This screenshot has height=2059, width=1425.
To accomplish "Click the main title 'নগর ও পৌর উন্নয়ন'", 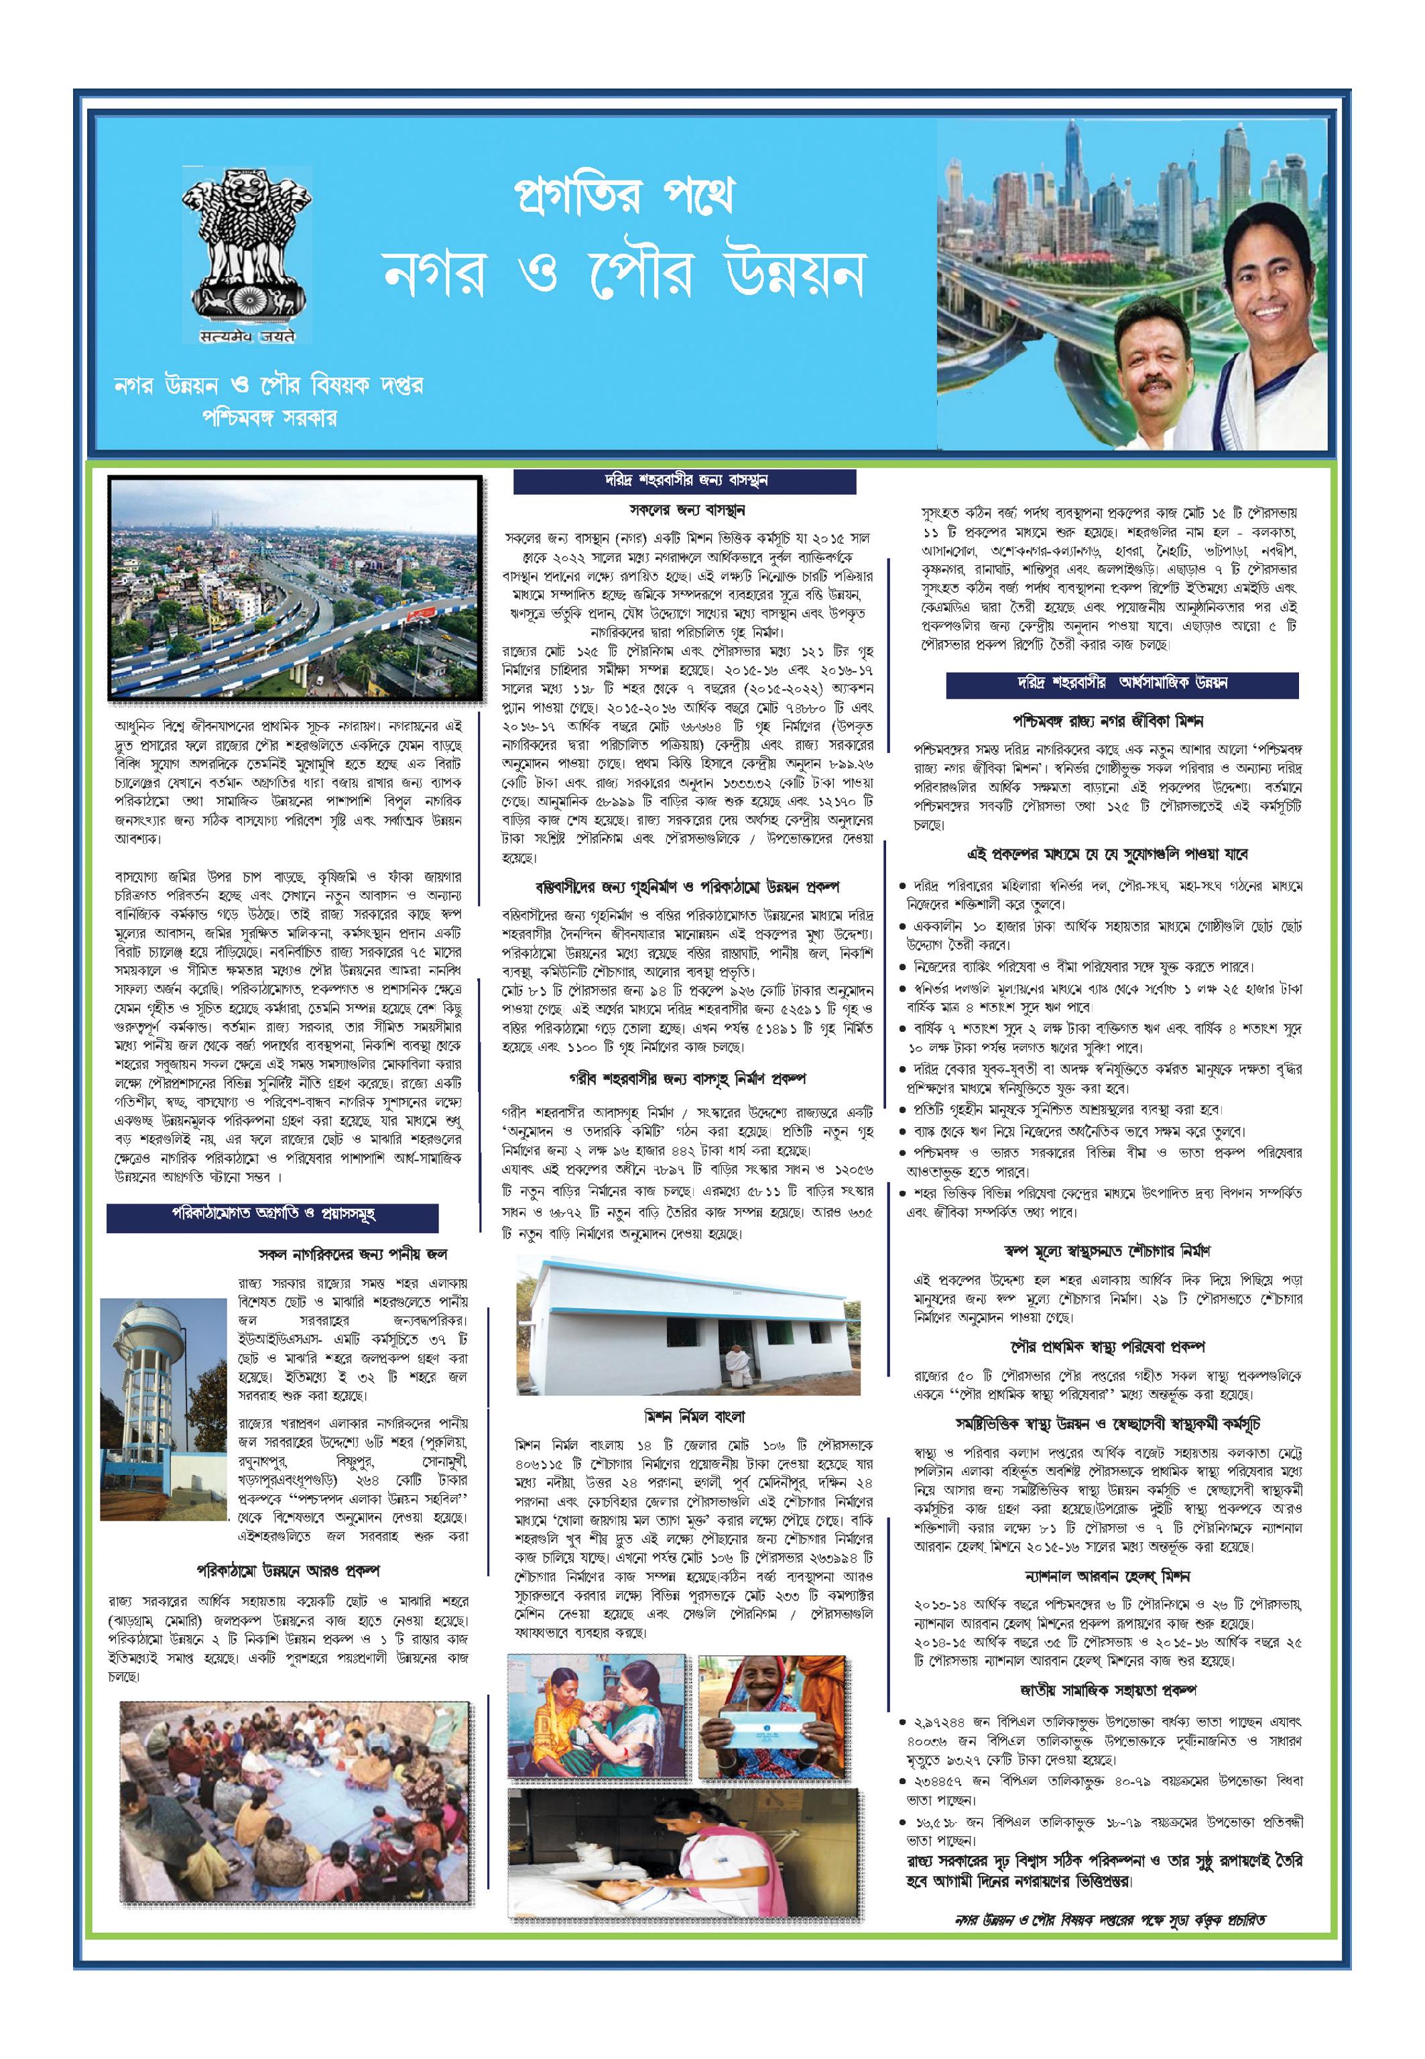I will pos(624,272).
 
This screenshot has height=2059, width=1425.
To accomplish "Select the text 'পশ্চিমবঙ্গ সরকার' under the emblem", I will pos(269,417).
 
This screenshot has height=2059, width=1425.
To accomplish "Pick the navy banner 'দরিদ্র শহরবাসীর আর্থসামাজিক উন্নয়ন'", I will pos(1122,683).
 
